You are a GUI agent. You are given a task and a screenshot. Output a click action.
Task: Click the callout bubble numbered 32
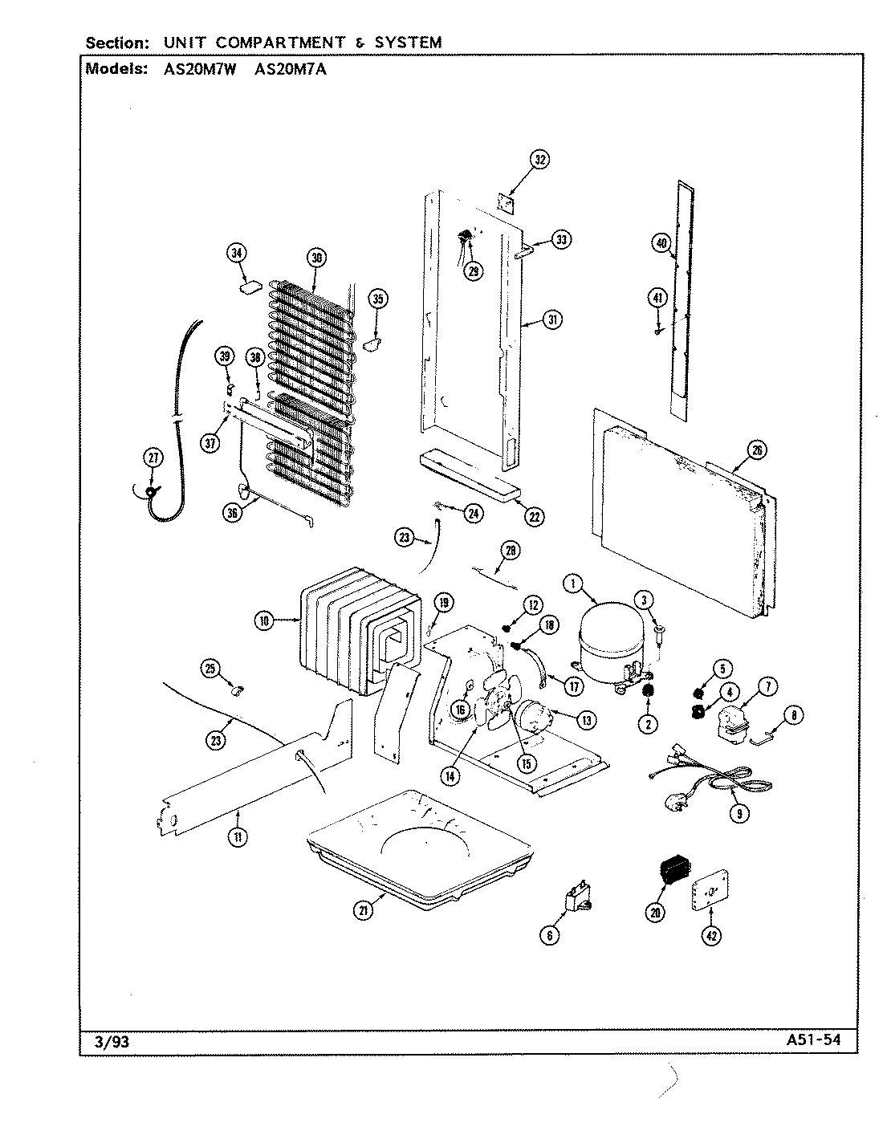539,161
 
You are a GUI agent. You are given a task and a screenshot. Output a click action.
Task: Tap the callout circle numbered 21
364,910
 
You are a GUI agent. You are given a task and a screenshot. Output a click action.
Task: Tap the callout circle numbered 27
153,458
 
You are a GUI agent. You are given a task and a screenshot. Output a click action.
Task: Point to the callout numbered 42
711,935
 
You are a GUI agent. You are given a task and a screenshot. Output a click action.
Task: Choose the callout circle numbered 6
550,935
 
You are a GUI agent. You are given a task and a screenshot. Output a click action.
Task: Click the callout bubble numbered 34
236,254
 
